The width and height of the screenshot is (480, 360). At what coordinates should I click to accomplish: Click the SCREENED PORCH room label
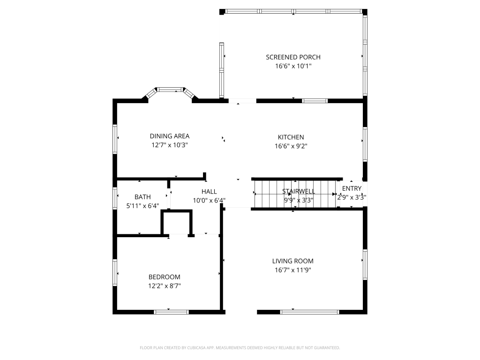293,57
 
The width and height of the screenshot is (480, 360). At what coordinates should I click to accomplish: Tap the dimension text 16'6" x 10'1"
293,66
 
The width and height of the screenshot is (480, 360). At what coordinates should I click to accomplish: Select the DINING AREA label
170,136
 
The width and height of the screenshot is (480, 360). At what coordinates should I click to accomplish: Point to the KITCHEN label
291,137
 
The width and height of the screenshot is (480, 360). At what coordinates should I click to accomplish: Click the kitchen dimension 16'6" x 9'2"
291,146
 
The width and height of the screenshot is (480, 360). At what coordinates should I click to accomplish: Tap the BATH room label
142,197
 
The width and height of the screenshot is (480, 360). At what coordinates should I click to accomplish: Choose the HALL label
209,192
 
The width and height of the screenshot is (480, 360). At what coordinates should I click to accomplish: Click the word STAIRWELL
299,191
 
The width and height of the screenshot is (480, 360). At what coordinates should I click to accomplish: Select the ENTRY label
352,188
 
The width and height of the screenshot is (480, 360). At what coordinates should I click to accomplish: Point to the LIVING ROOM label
292,261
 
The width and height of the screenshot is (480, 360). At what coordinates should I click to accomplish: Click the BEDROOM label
165,277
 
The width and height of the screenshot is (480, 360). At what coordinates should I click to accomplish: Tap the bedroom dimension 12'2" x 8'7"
165,286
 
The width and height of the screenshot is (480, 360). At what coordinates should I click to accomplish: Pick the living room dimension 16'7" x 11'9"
292,270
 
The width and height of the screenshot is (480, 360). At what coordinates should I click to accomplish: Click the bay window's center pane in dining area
170,90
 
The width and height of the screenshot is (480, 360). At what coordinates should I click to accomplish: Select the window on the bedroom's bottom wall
171,312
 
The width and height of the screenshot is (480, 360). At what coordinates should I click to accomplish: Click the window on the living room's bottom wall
310,312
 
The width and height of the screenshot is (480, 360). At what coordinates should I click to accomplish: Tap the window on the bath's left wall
115,198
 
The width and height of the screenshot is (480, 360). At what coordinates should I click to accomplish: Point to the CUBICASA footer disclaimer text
240,348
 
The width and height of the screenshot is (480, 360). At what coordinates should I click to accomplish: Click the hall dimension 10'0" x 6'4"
209,201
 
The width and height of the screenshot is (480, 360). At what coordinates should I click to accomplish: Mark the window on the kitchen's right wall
365,144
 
